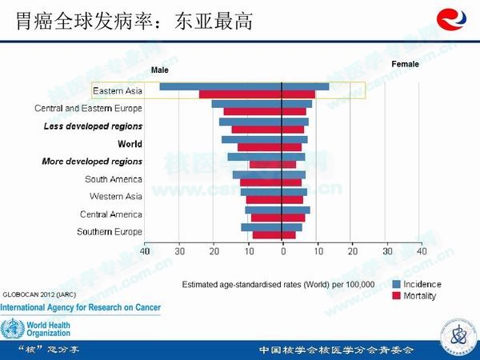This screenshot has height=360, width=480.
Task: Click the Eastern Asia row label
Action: pos(118,90)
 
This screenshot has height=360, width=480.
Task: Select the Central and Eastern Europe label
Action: pos(89,108)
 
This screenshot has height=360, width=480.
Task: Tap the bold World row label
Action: pos(130,144)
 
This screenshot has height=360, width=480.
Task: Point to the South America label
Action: pos(114,179)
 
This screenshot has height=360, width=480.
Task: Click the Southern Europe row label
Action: pos(110,232)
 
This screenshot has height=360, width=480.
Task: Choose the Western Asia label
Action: pos(116,197)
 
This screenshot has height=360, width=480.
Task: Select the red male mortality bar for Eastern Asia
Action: pos(240,94)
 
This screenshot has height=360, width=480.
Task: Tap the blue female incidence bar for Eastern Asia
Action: pos(306,86)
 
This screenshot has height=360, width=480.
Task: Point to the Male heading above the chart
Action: pos(160,70)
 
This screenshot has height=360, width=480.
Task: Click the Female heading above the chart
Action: pos(405,63)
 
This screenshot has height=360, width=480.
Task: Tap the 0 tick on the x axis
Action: pos(282,252)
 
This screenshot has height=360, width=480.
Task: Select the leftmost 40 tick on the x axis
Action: pos(145,252)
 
